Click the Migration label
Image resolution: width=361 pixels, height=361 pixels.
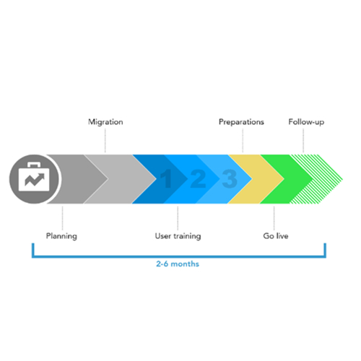coord(105,122)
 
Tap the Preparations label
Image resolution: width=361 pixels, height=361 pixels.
coord(241,122)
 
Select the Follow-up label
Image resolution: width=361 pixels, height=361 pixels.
coord(306,122)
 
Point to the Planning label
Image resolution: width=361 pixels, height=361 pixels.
coord(61,236)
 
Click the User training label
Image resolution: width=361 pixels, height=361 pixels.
coord(178,236)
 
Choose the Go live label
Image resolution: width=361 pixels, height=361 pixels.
coord(276,236)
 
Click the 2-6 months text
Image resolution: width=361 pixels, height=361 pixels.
coord(178,264)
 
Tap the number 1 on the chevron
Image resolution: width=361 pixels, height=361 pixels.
coord(166,178)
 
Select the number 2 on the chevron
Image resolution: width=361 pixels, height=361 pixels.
coord(198,178)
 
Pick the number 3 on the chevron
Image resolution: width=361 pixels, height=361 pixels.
coord(230,178)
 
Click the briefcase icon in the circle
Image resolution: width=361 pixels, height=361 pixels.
coord(34,177)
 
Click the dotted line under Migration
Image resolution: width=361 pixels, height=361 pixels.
coord(105,140)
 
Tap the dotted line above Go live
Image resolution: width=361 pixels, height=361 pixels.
coord(274,218)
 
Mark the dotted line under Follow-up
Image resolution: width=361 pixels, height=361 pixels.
coord(303,140)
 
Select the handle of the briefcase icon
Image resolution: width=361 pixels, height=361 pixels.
coord(34,165)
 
